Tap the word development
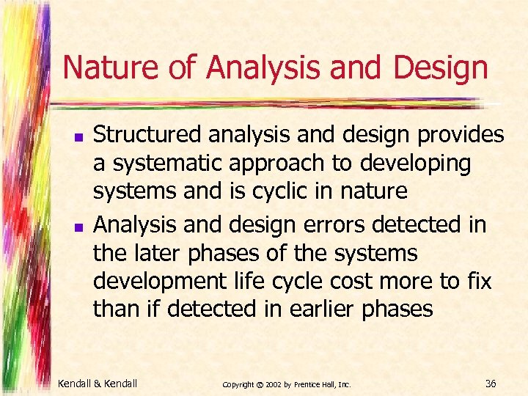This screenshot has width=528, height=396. point(153,282)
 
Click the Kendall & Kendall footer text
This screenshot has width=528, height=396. point(98,383)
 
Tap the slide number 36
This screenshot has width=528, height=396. point(491,383)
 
